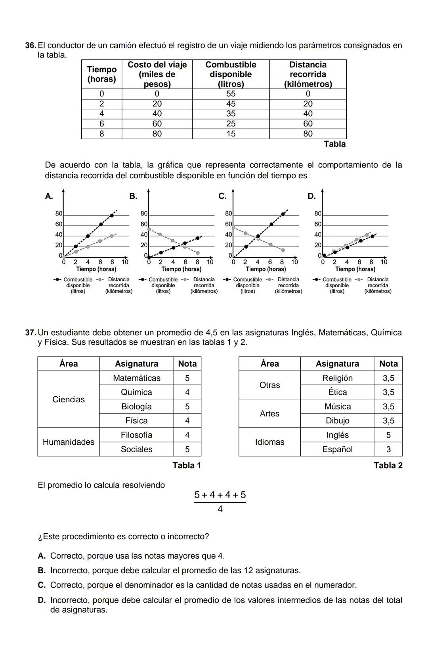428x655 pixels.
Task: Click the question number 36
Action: [31, 46]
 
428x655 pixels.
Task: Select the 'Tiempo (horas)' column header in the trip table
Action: [101, 74]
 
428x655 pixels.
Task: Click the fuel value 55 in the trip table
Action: [231, 94]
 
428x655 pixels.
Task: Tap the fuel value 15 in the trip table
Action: [231, 134]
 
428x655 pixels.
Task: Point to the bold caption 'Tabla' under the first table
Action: [334, 144]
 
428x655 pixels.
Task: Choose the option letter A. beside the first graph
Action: [49, 196]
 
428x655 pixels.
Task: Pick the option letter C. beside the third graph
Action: [222, 196]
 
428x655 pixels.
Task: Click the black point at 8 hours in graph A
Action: [112, 215]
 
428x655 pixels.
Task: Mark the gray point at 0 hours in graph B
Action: [149, 229]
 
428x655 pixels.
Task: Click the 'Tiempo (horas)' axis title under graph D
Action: [355, 269]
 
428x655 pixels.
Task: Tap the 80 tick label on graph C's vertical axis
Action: [229, 214]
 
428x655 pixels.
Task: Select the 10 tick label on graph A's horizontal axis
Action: [125, 262]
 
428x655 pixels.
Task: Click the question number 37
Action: [31, 333]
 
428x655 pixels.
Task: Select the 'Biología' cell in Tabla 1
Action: [136, 407]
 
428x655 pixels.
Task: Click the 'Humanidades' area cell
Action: [69, 442]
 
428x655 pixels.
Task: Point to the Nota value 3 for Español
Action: [388, 449]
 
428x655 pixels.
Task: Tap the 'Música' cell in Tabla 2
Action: [337, 407]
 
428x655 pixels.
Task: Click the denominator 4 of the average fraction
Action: [220, 509]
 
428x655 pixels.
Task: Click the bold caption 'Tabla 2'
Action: [388, 466]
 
